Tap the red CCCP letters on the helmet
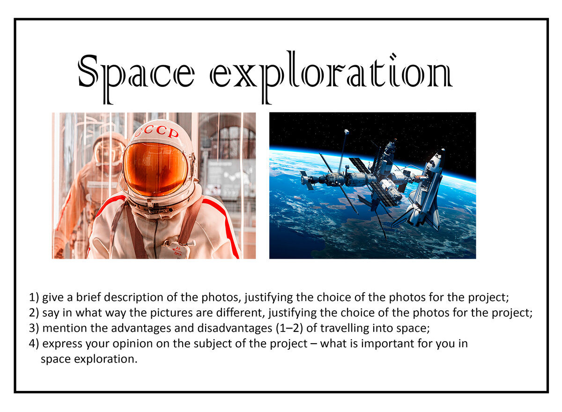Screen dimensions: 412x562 [x=157, y=132]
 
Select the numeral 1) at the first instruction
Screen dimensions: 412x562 [x=34, y=297]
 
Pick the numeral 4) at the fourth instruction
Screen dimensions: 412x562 [x=34, y=344]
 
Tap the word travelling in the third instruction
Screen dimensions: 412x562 [x=338, y=328]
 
